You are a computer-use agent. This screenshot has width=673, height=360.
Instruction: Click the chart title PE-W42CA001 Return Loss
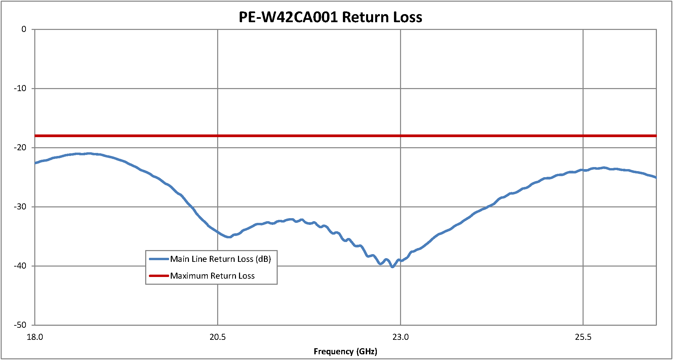[x=330, y=17]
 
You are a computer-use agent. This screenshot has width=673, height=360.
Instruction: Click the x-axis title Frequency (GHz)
[x=345, y=351]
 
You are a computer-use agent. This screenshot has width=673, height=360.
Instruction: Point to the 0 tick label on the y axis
[x=24, y=29]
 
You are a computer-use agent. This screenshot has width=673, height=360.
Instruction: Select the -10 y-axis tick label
[x=20, y=88]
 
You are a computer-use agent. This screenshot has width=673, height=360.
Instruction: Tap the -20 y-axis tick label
[x=20, y=148]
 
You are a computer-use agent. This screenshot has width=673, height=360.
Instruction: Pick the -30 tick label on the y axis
[x=20, y=207]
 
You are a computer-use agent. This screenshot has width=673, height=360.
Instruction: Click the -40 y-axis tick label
[x=20, y=266]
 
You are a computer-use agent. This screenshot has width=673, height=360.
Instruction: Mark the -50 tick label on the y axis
[x=20, y=325]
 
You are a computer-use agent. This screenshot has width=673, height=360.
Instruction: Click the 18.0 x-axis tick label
[x=35, y=337]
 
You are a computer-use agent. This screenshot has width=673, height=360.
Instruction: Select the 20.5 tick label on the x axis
[x=217, y=337]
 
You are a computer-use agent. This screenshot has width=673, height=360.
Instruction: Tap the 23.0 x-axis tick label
[x=400, y=337]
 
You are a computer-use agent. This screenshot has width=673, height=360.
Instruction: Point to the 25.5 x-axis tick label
[x=583, y=337]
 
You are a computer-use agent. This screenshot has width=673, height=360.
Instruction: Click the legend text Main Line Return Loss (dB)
[x=221, y=259]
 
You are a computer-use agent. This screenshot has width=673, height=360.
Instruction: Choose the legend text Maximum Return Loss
[x=212, y=276]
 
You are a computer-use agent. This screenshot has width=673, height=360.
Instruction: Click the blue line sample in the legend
[x=159, y=259]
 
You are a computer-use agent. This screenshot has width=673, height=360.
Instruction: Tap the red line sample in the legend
[x=159, y=276]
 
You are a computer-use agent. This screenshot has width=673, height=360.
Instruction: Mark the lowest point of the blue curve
[x=392, y=267]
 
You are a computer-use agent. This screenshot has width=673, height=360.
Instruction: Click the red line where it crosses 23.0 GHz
[x=400, y=136]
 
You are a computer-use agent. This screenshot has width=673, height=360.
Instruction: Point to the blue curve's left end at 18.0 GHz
[x=35, y=163]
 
